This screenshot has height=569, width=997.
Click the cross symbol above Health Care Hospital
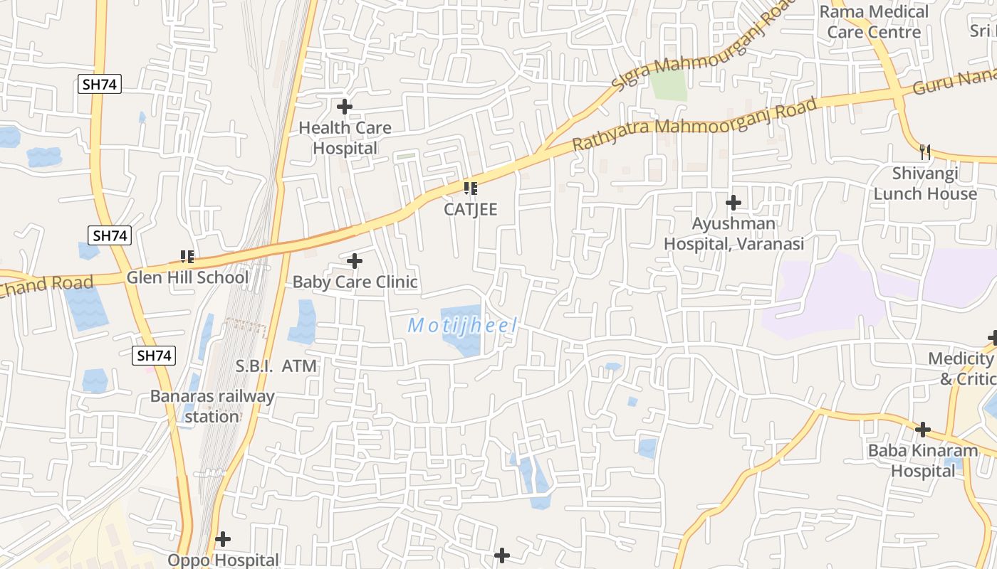[x=345, y=107]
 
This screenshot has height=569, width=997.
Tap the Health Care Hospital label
[x=345, y=138]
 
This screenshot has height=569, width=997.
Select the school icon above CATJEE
[x=470, y=188]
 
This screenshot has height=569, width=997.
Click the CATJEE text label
[x=470, y=209]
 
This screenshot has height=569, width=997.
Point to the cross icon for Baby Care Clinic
[x=355, y=261]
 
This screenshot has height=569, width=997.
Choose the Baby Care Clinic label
[x=355, y=282]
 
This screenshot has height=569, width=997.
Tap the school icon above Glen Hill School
[x=187, y=256]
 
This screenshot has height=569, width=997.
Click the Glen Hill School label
[x=187, y=277]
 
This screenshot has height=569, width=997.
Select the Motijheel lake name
[x=462, y=326]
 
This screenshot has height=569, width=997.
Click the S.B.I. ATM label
[x=276, y=366]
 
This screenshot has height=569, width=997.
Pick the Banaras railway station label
[x=212, y=406]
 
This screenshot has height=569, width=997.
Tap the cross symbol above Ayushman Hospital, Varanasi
[x=734, y=203]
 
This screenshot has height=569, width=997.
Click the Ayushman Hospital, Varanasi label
[x=734, y=233]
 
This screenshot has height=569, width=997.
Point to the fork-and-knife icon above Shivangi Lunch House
[x=925, y=151]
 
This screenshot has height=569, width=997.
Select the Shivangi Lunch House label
[x=925, y=184]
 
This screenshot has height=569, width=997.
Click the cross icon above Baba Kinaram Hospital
[x=923, y=430]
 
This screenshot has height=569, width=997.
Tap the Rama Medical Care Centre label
[x=874, y=21]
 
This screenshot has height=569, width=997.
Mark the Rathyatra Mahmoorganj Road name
[x=694, y=124]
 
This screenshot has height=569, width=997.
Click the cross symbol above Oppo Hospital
[x=223, y=539]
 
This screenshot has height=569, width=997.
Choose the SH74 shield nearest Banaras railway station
[x=154, y=356]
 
